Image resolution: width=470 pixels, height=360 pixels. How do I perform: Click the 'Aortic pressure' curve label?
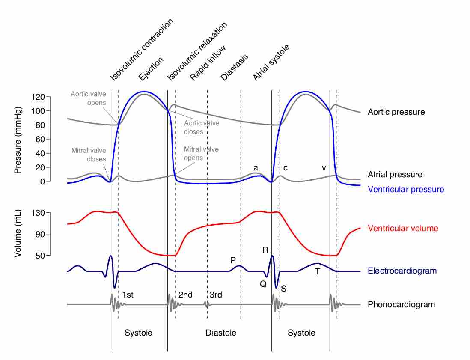click(x=396, y=112)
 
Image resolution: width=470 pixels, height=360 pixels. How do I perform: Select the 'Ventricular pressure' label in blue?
click(x=406, y=189)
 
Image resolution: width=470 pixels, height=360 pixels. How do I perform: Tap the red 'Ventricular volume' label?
click(x=403, y=228)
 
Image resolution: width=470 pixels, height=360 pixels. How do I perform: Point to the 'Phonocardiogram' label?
click(x=401, y=305)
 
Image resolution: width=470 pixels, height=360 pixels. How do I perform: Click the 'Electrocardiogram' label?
click(x=402, y=271)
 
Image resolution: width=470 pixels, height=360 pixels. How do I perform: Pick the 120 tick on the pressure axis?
click(x=38, y=97)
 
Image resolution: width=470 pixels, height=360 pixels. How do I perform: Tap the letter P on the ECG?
click(x=233, y=260)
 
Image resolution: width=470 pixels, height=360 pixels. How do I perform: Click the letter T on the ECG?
click(x=317, y=271)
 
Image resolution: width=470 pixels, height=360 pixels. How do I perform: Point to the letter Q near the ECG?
click(x=263, y=283)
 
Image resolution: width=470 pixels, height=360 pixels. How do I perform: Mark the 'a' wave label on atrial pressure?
click(x=256, y=168)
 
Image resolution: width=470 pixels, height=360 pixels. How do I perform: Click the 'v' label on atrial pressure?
click(x=324, y=168)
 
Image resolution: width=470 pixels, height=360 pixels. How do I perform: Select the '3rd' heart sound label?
click(x=216, y=295)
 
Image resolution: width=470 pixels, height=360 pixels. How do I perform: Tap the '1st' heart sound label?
click(x=128, y=295)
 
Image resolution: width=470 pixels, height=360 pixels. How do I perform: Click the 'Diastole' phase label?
click(x=220, y=333)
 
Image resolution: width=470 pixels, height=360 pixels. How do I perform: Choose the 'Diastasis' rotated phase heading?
click(x=234, y=68)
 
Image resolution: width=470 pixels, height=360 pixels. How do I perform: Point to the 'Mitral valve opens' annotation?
click(x=201, y=153)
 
